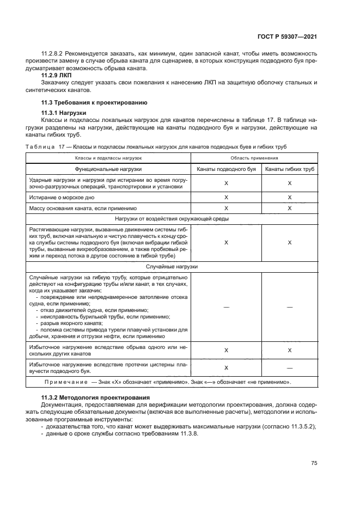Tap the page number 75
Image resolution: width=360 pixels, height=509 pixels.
[x=314, y=463]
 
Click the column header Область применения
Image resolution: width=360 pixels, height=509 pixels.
[x=253, y=157]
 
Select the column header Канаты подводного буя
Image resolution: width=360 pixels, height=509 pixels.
[x=226, y=169]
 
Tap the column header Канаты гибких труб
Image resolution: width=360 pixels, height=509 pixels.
[x=289, y=169]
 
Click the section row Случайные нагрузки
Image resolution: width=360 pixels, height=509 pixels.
[x=172, y=267]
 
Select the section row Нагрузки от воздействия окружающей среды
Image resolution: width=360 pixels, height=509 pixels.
[x=172, y=218]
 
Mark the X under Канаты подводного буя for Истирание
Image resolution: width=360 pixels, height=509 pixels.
[x=226, y=197]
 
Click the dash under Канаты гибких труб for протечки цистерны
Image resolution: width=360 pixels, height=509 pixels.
[x=289, y=367]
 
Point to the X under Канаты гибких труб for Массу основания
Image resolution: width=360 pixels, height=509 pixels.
[x=289, y=208]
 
